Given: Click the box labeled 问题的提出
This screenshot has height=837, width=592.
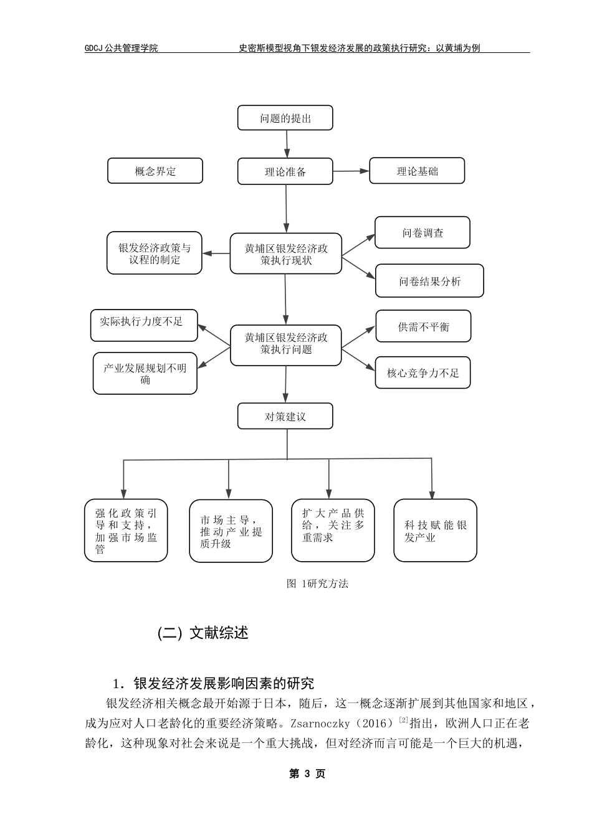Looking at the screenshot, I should coord(285,118).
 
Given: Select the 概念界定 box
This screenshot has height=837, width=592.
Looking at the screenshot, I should coord(155,171).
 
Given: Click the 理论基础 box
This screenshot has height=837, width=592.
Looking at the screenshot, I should coord(417,171).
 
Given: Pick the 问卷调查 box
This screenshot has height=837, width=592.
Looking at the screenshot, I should coord(422,233).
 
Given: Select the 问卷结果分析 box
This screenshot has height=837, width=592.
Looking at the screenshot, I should coord(429,281).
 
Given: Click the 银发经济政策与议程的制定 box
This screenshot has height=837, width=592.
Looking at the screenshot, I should coord(155,253).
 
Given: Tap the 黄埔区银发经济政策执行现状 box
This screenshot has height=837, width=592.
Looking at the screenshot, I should coord(285,253).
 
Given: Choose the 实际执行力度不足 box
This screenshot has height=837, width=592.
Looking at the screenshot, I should coord(144,325).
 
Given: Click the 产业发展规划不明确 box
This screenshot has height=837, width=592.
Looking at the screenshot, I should coord(145,373).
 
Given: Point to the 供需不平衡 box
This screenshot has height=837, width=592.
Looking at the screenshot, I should coord(423,326).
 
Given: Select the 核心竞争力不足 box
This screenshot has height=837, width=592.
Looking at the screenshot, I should coord(423,372).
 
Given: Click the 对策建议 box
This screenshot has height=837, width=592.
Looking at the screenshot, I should coord(285,416).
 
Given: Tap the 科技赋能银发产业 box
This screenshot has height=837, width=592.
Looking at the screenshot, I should coord(435,530).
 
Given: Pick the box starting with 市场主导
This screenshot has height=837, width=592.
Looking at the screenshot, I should coord(231,531).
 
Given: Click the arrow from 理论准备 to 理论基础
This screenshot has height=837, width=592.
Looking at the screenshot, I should coord(351,171).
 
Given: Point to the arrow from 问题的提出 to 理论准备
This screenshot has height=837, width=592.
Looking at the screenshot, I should coord(286,144).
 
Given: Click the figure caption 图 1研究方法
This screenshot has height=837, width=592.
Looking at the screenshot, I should coord(317,584).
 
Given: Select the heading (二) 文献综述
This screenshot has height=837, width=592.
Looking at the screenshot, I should coord(203,633).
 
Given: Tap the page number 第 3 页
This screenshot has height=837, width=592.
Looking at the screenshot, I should coord(307,773).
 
